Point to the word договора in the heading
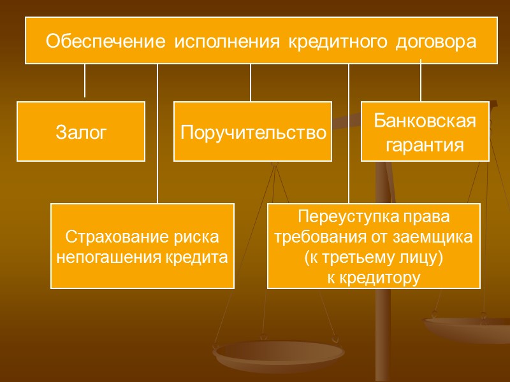tap(436, 42)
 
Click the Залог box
tap(81, 132)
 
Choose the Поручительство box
tap(253, 132)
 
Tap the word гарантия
tap(425, 145)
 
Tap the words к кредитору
tap(374, 278)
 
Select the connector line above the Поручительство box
tap(251, 83)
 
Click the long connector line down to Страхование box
tap(157, 134)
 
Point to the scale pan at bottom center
tap(279, 352)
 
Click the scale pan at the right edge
tap(469, 328)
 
